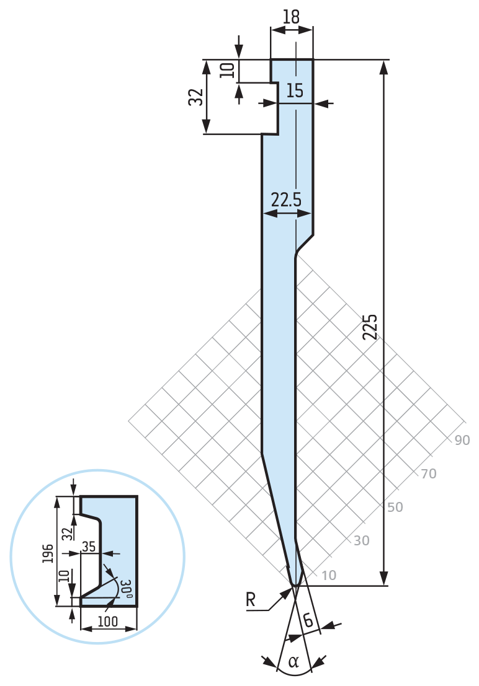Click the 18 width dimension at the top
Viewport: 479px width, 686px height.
point(292,17)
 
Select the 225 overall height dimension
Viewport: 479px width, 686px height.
point(370,327)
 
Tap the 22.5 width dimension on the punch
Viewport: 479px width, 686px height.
point(286,200)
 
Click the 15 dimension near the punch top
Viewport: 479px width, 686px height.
point(295,90)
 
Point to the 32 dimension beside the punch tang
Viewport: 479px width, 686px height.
point(196,97)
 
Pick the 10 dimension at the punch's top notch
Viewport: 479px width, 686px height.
point(228,70)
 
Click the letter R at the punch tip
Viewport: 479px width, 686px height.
point(250,599)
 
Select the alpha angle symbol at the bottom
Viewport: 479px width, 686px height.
point(294,661)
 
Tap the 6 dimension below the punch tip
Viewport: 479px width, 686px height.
point(308,620)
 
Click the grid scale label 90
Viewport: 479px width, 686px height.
point(462,440)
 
